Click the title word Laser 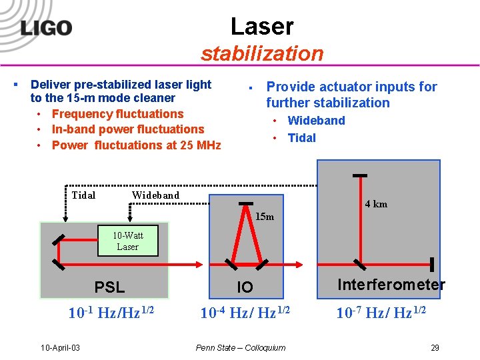point(261,26)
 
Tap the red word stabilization point(261,53)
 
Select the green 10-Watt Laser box point(127,241)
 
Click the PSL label point(109,288)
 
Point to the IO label point(245,287)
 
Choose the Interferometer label point(391,285)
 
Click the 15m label point(265,217)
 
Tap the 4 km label point(376,204)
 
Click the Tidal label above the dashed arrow point(83,195)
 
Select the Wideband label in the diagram point(155,195)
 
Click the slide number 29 point(435,347)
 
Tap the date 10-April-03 point(61,348)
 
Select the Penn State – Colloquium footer point(241,347)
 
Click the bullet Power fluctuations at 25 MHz point(136,145)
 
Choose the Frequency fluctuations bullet point(117,114)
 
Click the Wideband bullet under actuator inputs point(316,121)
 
